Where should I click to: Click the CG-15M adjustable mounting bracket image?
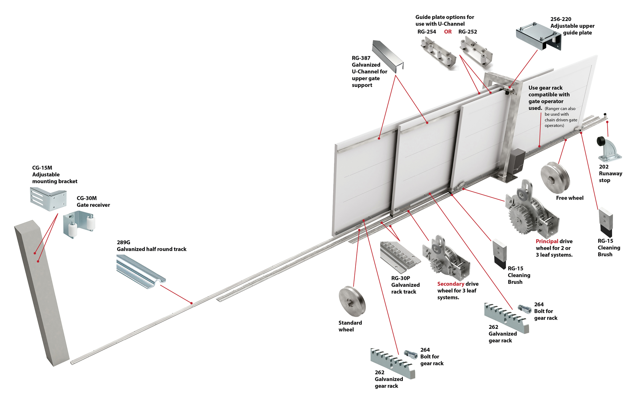click(x=48, y=199)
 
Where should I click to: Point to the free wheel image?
click(x=555, y=177)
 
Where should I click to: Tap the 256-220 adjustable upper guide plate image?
click(x=538, y=36)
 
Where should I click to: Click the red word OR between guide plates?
click(x=448, y=32)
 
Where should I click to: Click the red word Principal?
click(x=547, y=241)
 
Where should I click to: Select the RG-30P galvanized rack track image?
click(x=399, y=256)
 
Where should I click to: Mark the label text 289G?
click(x=123, y=243)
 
